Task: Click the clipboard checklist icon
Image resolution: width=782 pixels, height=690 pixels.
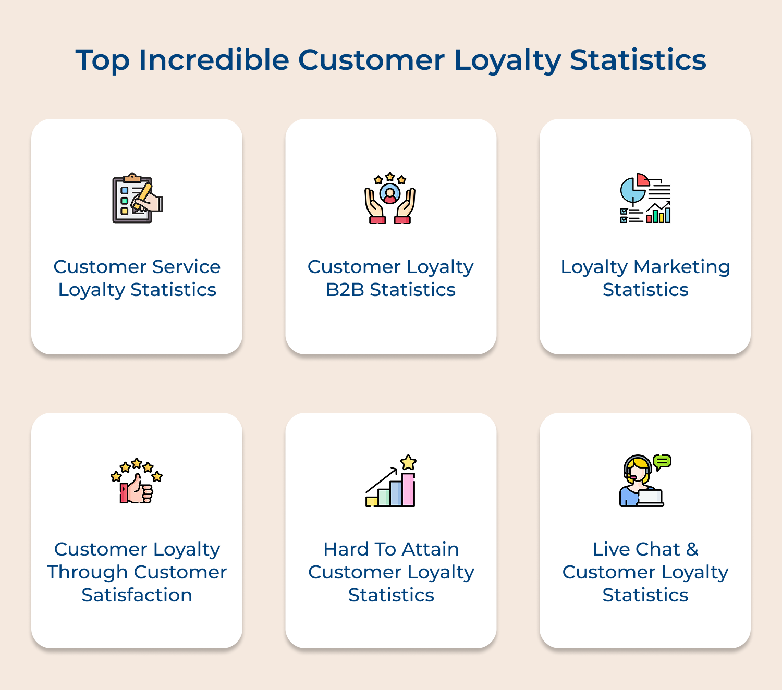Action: pyautogui.click(x=137, y=199)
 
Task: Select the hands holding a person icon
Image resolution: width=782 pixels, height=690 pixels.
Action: pyautogui.click(x=390, y=199)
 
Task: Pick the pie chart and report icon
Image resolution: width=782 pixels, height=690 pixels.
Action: pyautogui.click(x=645, y=199)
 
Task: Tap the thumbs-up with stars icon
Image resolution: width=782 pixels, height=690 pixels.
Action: pyautogui.click(x=137, y=481)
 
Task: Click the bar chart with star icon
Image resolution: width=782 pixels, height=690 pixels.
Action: pyautogui.click(x=391, y=480)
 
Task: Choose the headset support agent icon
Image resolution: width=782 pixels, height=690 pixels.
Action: pyautogui.click(x=644, y=480)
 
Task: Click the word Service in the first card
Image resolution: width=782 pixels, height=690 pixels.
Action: pyautogui.click(x=186, y=267)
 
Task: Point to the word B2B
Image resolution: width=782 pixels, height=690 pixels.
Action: pyautogui.click(x=345, y=290)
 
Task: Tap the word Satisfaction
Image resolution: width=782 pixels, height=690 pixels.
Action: pyautogui.click(x=137, y=595)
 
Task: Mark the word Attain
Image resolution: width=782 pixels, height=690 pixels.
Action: pyautogui.click(x=430, y=549)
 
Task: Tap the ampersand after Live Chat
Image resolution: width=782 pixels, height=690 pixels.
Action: pyautogui.click(x=692, y=549)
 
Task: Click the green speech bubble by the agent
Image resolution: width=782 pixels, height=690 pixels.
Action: pyautogui.click(x=662, y=462)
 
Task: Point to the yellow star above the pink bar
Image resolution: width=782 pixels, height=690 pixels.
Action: pyautogui.click(x=408, y=462)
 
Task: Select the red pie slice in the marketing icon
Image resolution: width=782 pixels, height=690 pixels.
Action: pyautogui.click(x=643, y=180)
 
